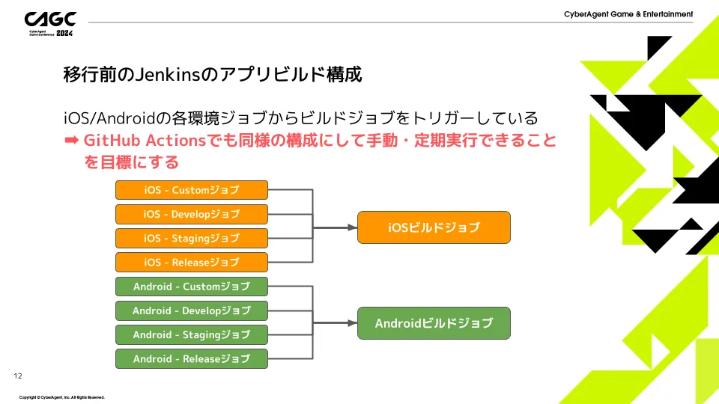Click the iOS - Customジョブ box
pos(191,190)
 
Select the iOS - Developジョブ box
pos(191,214)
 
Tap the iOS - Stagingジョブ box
pos(191,238)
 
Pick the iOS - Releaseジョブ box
pos(191,262)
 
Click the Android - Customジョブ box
pos(191,287)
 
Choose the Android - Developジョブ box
pos(191,310)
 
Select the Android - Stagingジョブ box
pos(191,334)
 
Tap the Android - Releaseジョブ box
pos(191,358)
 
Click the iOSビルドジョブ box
pos(434,227)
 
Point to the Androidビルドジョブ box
pos(434,323)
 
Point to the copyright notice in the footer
pos(61,397)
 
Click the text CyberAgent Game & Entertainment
pos(628,14)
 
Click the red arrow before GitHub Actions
pos(72,140)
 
